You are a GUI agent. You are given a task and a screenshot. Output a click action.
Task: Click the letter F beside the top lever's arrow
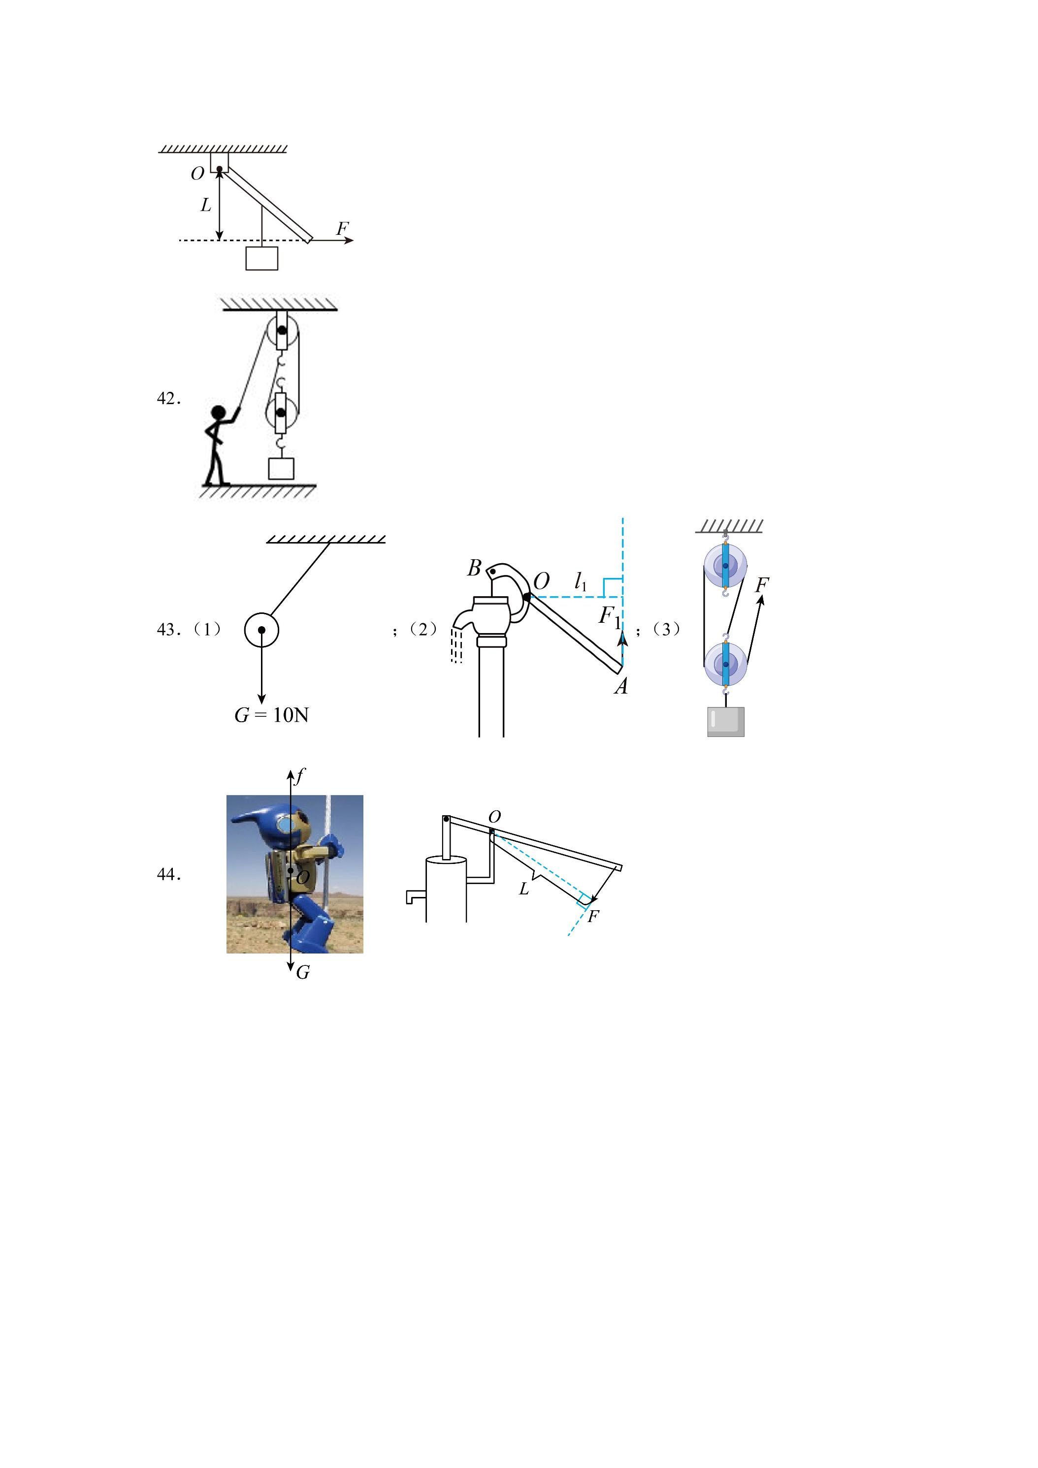point(343,228)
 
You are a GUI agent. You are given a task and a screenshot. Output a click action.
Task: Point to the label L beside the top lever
point(205,205)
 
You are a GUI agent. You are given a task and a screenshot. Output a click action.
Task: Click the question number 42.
point(169,398)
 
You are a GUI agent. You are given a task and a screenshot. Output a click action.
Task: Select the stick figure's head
point(219,413)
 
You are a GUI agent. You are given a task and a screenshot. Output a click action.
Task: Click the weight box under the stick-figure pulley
point(281,469)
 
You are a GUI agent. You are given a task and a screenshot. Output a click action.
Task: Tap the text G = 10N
point(272,714)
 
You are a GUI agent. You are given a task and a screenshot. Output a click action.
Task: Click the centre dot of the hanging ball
point(261,630)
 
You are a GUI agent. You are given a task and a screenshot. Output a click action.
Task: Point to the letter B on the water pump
point(474,568)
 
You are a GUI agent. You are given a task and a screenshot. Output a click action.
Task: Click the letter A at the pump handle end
point(620,687)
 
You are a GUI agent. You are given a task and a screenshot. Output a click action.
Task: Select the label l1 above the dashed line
point(581,582)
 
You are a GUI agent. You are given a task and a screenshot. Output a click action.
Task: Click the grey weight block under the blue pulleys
point(726,722)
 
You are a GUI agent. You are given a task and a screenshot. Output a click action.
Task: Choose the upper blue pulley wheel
point(725,566)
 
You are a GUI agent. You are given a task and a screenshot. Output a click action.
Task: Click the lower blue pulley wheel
point(725,664)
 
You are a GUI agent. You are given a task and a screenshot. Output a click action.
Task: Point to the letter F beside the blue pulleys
point(762,584)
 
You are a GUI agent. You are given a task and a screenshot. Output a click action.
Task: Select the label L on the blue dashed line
point(524,889)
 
